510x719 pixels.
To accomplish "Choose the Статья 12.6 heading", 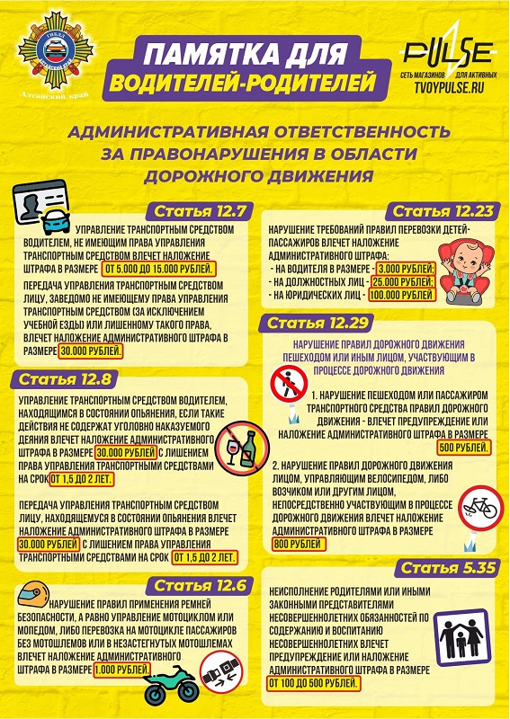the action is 197,585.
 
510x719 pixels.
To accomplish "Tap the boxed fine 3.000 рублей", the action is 405,269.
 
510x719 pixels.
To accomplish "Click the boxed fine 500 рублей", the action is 461,447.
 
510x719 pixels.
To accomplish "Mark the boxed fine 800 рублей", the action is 297,545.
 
